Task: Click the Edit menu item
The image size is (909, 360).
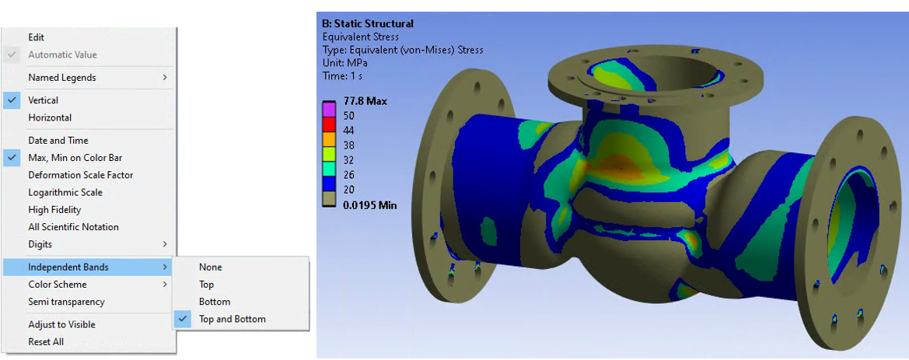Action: click(x=37, y=37)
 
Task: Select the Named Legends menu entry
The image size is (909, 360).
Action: click(x=62, y=78)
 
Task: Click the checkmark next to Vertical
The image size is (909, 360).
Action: click(x=12, y=100)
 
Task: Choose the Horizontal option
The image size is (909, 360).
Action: click(x=50, y=118)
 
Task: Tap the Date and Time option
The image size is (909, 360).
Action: click(x=58, y=141)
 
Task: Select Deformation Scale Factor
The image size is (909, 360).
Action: click(x=81, y=175)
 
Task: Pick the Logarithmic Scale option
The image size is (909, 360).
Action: click(x=65, y=193)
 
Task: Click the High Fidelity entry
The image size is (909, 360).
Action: click(x=54, y=210)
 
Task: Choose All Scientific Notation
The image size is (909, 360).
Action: click(x=73, y=227)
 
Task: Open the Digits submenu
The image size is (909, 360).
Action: click(x=40, y=244)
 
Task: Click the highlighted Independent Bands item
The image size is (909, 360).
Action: click(x=68, y=267)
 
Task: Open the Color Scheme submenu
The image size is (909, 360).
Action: click(x=58, y=285)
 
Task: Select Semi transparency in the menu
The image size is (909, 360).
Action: click(x=66, y=302)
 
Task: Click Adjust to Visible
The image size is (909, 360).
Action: click(x=61, y=325)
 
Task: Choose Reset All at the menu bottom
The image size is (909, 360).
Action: click(x=46, y=342)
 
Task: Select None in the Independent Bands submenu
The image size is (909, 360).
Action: click(x=210, y=267)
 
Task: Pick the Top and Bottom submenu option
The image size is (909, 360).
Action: click(x=232, y=320)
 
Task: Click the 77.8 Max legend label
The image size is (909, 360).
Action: click(x=365, y=101)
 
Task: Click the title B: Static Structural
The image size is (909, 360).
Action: click(x=367, y=24)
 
